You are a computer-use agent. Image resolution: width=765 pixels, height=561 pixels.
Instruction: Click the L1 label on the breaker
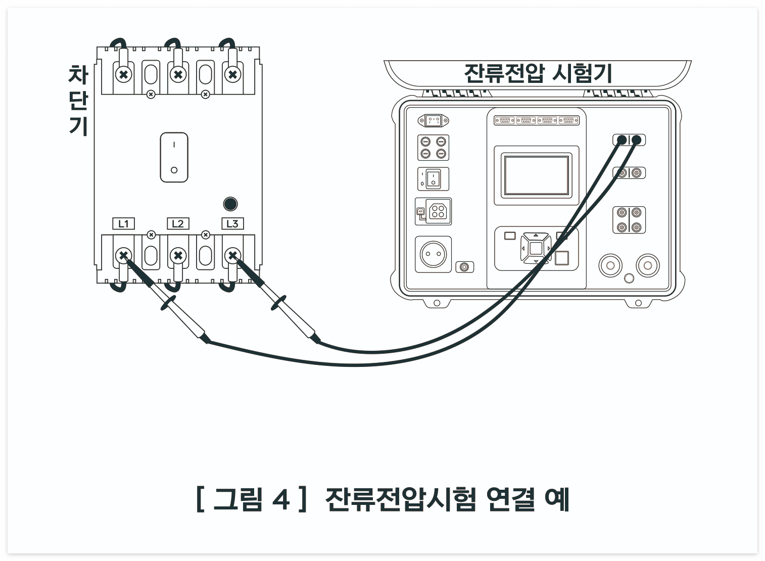(x=123, y=223)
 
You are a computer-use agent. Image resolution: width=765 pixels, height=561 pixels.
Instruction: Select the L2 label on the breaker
(x=178, y=223)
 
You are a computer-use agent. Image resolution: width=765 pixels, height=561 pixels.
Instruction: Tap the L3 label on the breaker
(x=232, y=223)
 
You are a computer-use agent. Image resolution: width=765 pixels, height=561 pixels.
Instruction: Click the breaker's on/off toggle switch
(x=174, y=157)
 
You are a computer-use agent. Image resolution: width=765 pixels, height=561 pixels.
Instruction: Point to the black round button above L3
(x=230, y=204)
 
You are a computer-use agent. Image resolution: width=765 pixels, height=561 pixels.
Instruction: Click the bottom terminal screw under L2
(x=178, y=255)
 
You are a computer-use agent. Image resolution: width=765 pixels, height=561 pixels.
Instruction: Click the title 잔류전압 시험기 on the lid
(x=538, y=74)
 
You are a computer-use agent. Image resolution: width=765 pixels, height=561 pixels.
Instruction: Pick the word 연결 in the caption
(x=509, y=499)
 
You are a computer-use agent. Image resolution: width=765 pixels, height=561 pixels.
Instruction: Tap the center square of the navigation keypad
(x=536, y=249)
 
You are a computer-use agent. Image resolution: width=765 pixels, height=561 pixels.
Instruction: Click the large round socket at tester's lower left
(x=433, y=254)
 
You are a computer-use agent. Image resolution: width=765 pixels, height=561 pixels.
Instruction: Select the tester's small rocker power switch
(x=433, y=179)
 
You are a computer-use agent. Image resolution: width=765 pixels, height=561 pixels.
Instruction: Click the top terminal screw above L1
(x=123, y=74)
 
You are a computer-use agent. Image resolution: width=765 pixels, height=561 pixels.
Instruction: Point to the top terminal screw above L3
(x=232, y=74)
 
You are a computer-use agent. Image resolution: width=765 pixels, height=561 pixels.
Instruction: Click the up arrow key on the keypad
(x=536, y=236)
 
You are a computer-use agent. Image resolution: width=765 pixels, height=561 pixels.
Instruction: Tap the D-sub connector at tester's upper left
(x=434, y=121)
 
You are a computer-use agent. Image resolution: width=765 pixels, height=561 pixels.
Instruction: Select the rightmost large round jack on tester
(x=647, y=265)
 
